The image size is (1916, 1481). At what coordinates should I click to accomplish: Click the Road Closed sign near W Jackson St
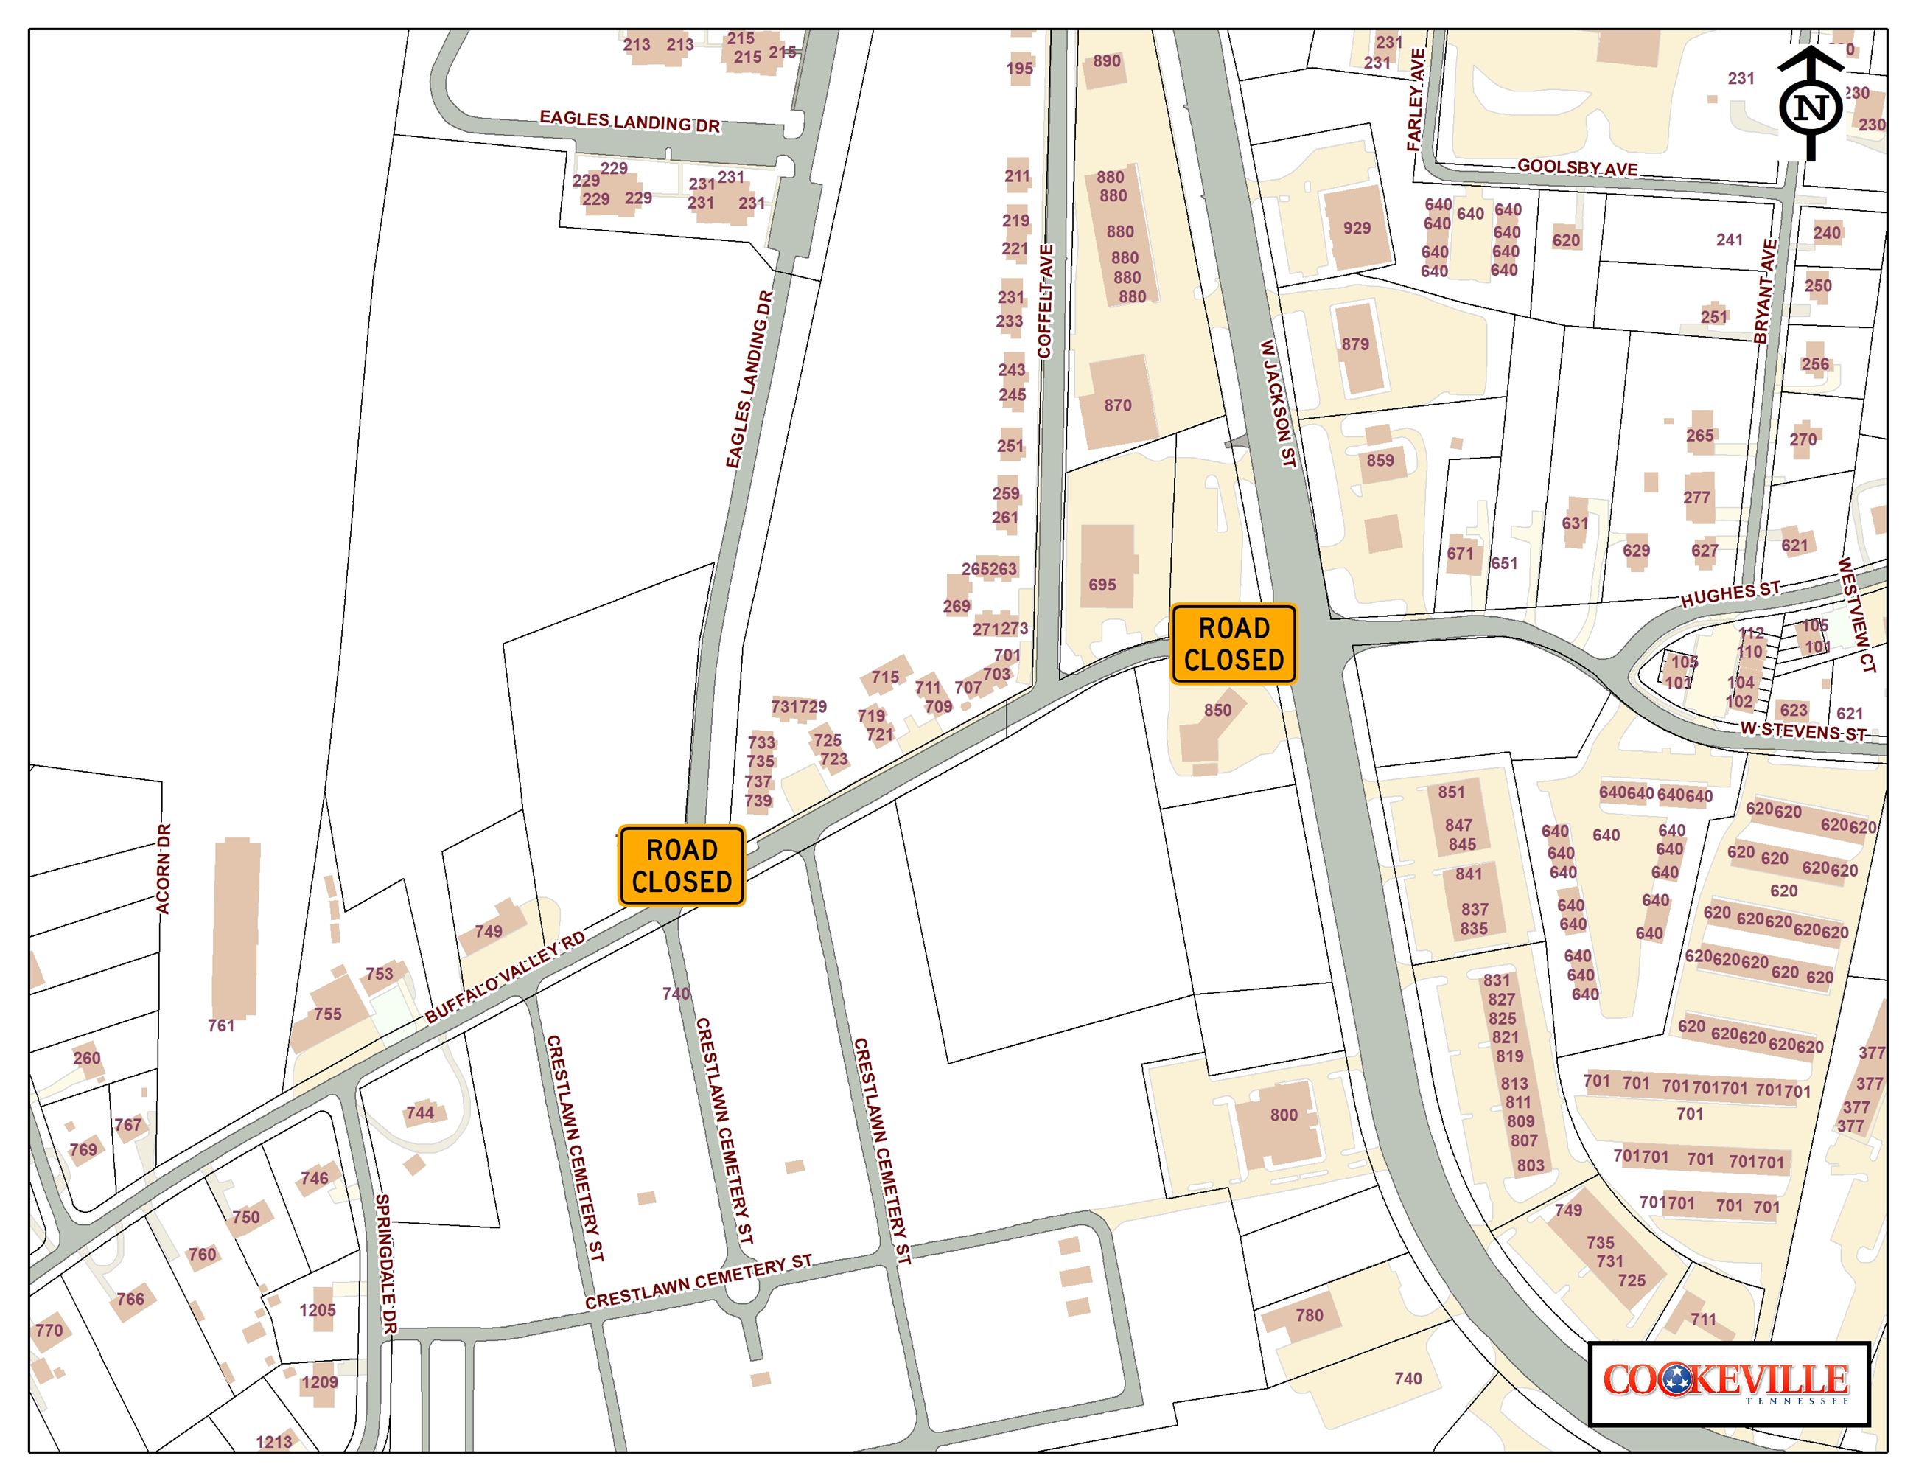point(1234,644)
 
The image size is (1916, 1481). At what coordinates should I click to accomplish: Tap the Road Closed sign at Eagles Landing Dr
point(682,865)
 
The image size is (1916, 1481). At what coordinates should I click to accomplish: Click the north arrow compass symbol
point(1810,105)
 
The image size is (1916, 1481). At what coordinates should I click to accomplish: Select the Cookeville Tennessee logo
point(1728,1384)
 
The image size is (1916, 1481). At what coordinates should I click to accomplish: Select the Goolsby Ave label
point(1577,167)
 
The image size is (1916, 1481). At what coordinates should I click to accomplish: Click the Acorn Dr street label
point(164,868)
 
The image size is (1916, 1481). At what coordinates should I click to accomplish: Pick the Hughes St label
point(1730,594)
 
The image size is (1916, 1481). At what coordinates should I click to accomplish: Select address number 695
point(1102,585)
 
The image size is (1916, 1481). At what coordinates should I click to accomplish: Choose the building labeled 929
point(1355,228)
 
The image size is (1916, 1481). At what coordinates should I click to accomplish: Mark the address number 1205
point(318,1311)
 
